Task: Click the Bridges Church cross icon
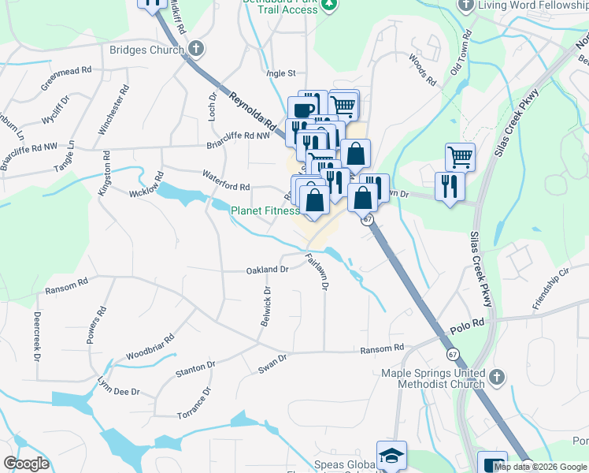pos(195,49)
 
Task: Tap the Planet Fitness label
pos(264,210)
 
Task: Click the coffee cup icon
pos(302,109)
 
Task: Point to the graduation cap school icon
pos(391,455)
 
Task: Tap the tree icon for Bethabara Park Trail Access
pos(331,5)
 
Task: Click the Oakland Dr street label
pos(269,270)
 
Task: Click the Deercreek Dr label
pos(36,336)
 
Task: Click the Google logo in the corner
pos(26,464)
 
